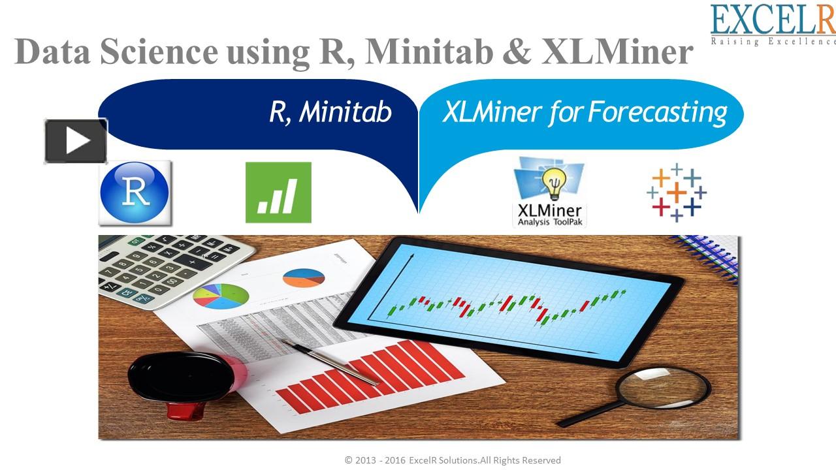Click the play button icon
coord(76,141)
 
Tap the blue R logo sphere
coord(135,193)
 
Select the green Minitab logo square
coord(278,193)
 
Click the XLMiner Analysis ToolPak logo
coord(549,192)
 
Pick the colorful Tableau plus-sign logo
coord(677,193)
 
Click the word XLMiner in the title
coord(617,52)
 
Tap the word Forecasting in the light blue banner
coord(658,112)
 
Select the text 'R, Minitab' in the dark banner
coord(330,112)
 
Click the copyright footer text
coord(453,460)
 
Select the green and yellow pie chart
coord(221,296)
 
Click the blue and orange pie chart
coord(304,278)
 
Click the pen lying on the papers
coord(330,361)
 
